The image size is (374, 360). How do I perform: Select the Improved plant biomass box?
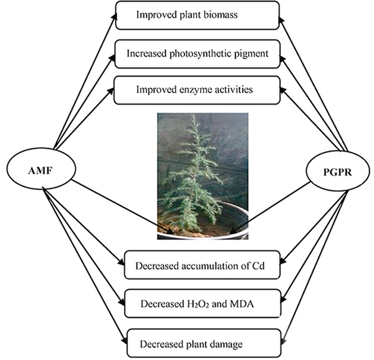(x=198, y=15)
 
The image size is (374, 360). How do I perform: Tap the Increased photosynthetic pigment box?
(x=198, y=54)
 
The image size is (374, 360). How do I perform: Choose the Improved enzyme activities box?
(x=198, y=91)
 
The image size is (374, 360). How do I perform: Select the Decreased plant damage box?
(x=201, y=342)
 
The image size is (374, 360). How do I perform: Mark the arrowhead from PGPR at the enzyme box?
(x=282, y=88)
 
